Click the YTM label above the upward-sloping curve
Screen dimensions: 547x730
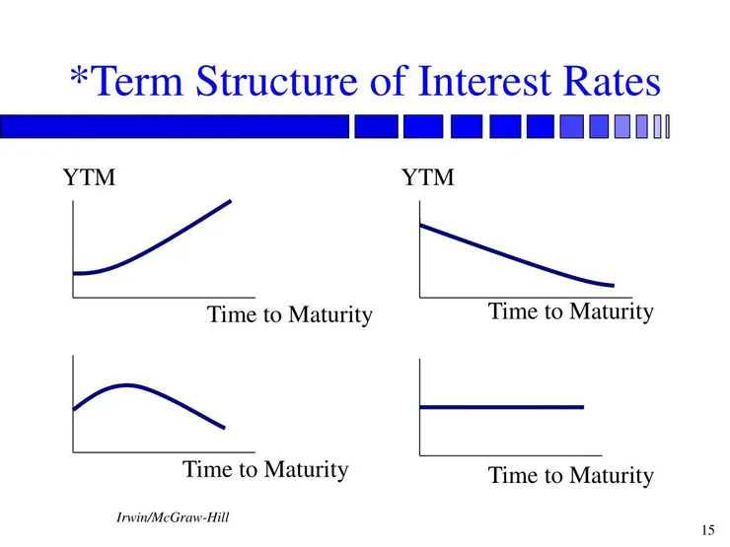[89, 179]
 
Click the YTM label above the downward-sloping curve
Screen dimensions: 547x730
[427, 179]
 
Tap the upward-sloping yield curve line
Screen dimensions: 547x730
[158, 245]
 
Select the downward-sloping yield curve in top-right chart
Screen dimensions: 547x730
[513, 255]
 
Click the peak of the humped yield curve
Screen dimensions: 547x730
[125, 384]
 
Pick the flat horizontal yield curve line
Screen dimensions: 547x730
[501, 406]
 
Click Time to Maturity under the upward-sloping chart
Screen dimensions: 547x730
[289, 315]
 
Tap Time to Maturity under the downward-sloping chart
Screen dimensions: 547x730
[570, 312]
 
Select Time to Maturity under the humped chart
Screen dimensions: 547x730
[265, 469]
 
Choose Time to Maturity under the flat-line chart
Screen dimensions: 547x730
[570, 475]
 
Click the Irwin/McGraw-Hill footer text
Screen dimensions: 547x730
[173, 517]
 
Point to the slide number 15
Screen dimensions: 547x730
[707, 529]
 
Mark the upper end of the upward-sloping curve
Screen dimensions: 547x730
[229, 201]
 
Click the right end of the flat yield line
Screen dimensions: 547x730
[581, 406]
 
